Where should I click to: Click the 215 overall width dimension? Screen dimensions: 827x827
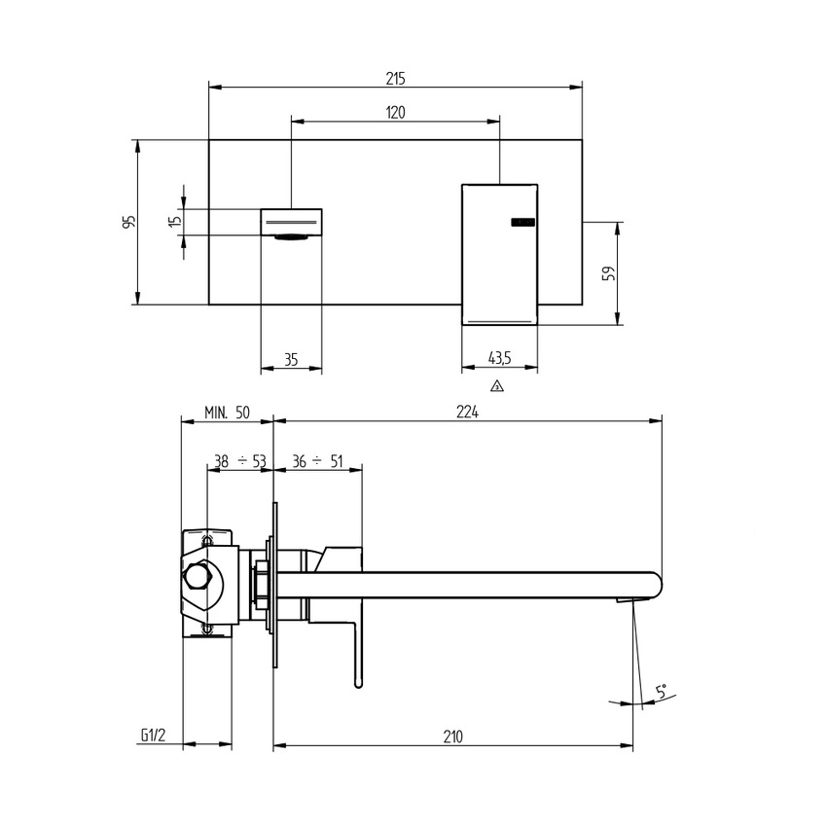coord(395,78)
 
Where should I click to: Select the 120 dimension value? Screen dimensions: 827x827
coord(395,113)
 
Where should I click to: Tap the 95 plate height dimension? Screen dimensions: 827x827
coord(128,222)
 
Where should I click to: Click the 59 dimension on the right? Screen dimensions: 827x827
coord(609,273)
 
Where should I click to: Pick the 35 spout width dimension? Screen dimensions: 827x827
coord(291,360)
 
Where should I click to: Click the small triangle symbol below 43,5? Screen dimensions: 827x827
coord(497,386)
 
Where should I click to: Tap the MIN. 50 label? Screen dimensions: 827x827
coord(227,413)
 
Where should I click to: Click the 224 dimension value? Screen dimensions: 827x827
coord(467,413)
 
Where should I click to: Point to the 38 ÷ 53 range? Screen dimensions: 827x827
coord(239,461)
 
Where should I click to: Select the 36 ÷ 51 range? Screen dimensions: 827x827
coord(317,461)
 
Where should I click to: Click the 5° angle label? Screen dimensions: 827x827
coord(661,693)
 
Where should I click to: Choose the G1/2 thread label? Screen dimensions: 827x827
coord(154,737)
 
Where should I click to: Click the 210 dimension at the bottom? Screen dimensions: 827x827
coord(452,737)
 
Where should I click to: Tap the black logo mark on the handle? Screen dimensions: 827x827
coord(522,223)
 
